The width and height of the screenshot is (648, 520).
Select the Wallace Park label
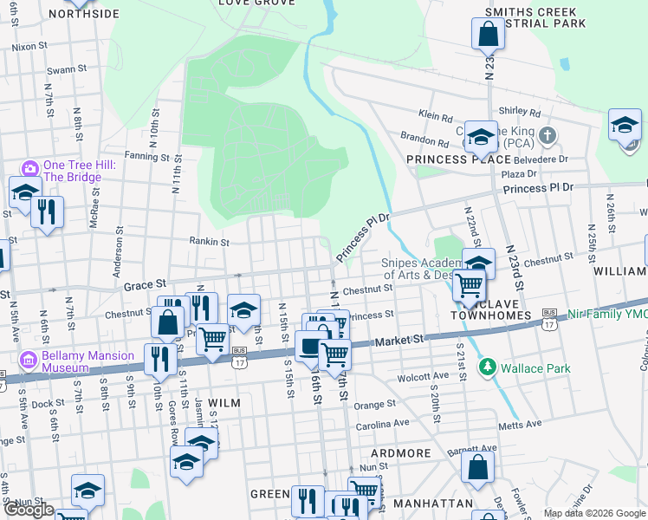coord(535,368)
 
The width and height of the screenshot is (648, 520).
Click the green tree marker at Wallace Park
coord(488,367)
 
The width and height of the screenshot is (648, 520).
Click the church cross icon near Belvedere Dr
coord(547,135)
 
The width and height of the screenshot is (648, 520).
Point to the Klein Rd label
coord(436,114)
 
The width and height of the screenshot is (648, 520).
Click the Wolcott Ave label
coord(424,378)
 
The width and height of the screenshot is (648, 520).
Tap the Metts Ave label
coord(521,424)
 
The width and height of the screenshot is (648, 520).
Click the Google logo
coord(29,510)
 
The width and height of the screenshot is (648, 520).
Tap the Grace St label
coord(144,283)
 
